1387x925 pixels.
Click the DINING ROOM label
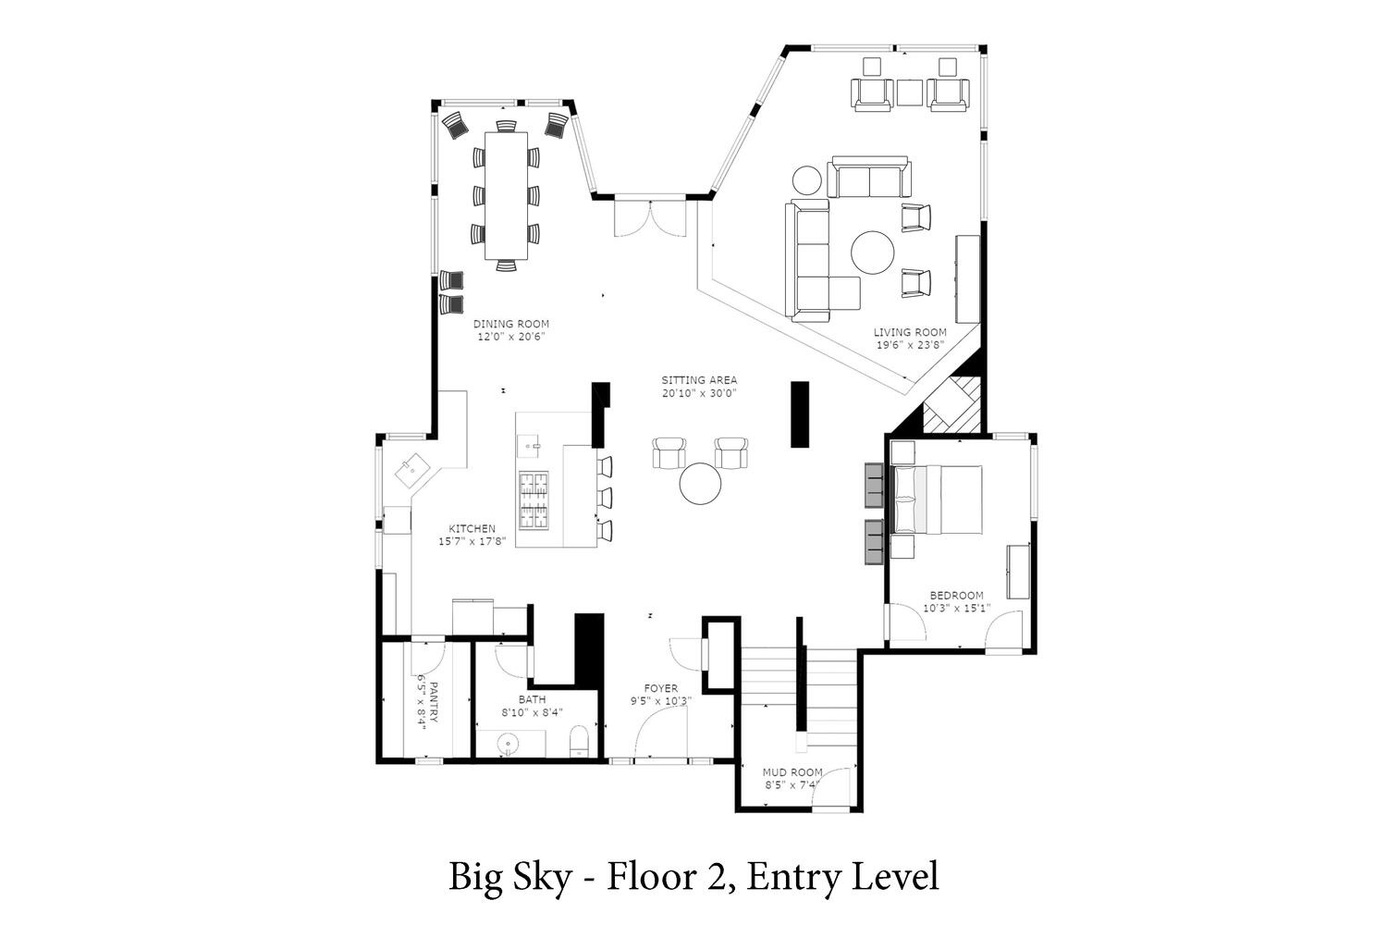pos(510,324)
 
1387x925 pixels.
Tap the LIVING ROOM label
pos(910,332)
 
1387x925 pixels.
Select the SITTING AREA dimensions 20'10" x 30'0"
pos(699,393)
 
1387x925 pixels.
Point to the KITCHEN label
pos(472,528)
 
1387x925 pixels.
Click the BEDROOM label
pos(957,596)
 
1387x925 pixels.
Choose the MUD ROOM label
pos(792,772)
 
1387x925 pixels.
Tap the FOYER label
pos(661,688)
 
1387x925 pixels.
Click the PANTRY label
pos(434,702)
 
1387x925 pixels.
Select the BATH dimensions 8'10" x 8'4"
pos(532,712)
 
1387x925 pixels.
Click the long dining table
pos(506,196)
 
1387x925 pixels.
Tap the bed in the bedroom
pos(936,499)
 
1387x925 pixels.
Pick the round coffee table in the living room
pos(873,253)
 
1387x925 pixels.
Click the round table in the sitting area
pos(700,483)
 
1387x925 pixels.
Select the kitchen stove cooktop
pos(534,500)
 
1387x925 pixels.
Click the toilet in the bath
pos(580,741)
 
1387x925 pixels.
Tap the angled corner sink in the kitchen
pos(412,470)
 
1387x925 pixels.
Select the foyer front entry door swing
pos(662,733)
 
